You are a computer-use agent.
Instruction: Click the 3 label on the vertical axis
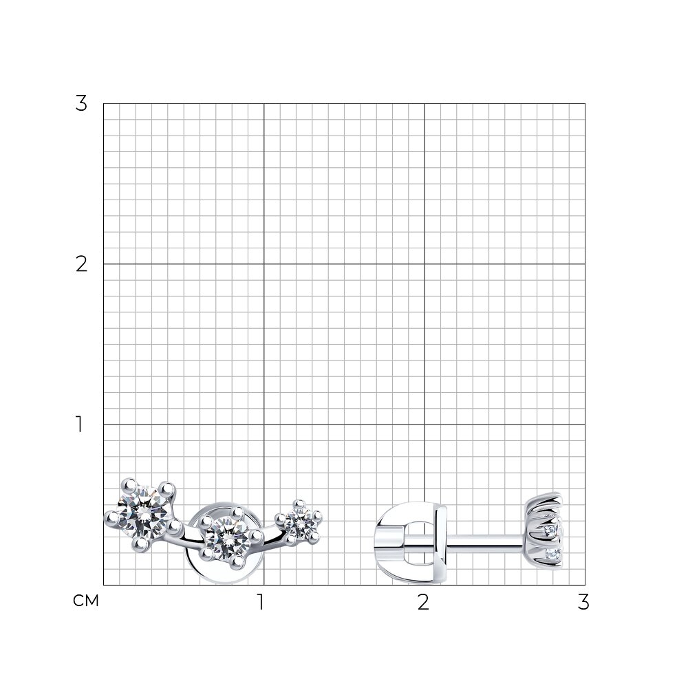[81, 104]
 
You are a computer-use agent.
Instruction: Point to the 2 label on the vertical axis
[81, 264]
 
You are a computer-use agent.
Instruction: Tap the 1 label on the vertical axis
[79, 424]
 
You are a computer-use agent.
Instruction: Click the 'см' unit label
[86, 601]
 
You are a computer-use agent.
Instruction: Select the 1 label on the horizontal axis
[261, 603]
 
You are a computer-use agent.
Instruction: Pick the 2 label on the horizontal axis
[423, 603]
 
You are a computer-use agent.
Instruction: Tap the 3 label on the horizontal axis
[583, 603]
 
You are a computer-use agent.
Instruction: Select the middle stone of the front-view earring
[226, 537]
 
